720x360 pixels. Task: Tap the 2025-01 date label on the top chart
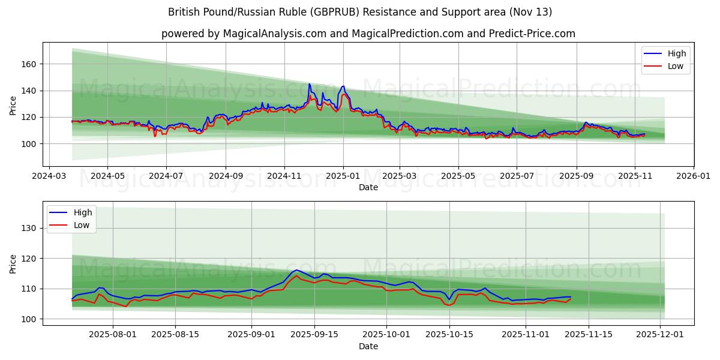point(343,177)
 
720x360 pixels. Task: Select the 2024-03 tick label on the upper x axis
point(49,177)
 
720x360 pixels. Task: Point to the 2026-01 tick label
point(693,177)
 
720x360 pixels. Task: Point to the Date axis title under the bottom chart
point(368,346)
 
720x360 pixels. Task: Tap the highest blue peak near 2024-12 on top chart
point(310,84)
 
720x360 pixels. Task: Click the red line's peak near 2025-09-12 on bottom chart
point(296,275)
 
